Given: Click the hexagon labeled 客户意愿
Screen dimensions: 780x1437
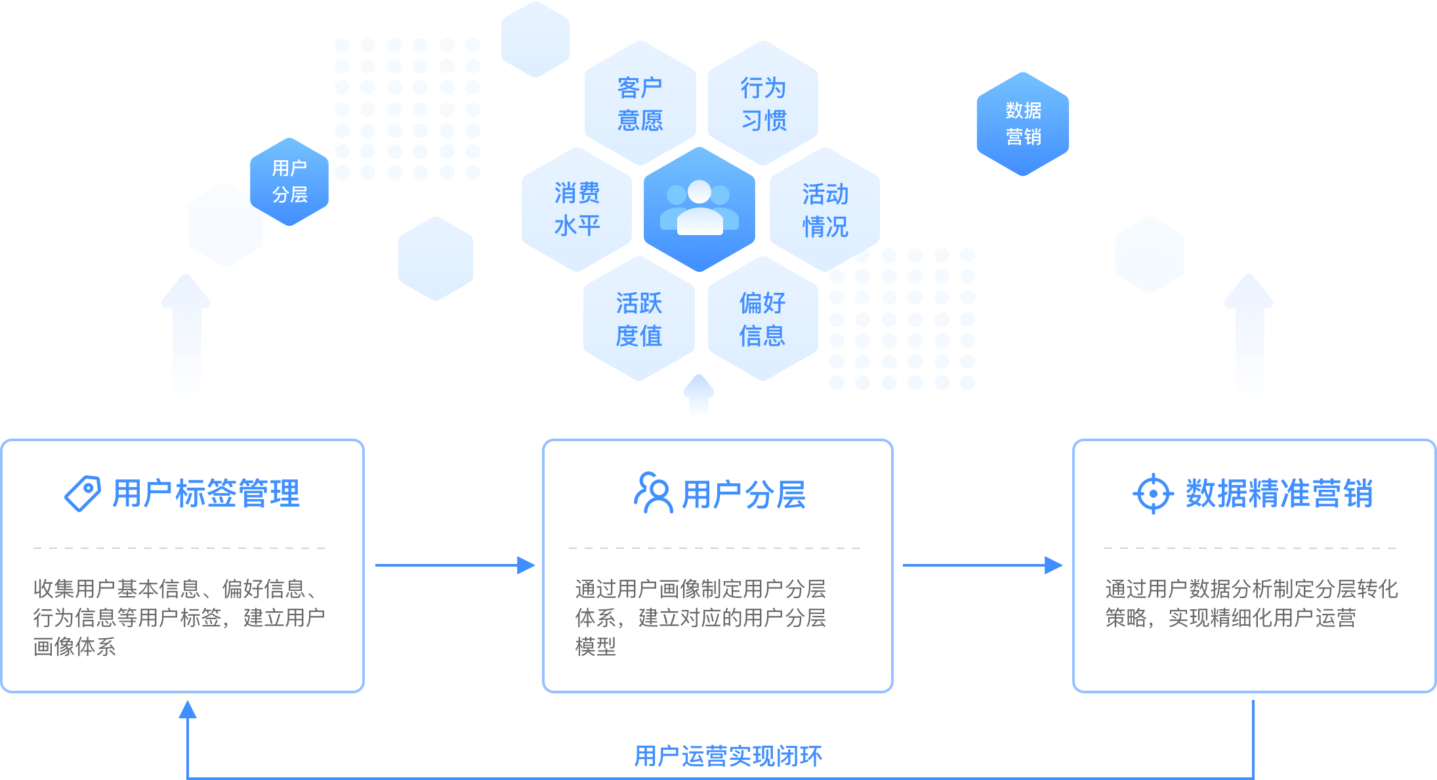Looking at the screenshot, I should click(640, 103).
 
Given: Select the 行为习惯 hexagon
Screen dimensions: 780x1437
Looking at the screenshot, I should click(763, 103).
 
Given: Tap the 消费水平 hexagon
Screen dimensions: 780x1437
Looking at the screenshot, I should click(577, 209).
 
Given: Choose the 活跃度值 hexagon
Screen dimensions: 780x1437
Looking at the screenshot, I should click(638, 319).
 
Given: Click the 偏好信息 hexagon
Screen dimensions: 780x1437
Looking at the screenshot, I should click(762, 319).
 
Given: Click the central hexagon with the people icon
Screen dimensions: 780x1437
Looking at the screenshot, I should click(699, 209).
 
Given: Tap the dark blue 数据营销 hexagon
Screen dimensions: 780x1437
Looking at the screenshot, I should click(1023, 123).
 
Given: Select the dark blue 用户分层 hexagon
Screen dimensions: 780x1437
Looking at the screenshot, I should click(289, 181).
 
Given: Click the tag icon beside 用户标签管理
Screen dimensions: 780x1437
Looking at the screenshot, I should click(83, 493).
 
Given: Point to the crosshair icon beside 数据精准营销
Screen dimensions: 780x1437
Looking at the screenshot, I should click(1153, 493).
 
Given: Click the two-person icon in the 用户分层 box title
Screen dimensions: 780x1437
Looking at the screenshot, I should click(654, 492).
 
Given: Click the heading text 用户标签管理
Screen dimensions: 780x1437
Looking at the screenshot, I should click(206, 493).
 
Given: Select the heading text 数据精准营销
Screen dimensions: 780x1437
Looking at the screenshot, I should click(1279, 493).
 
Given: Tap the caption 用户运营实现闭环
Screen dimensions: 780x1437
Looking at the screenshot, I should click(728, 756).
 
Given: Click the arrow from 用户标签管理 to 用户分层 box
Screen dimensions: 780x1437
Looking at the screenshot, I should click(455, 565).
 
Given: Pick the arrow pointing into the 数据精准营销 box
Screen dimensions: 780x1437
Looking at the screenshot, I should click(983, 565).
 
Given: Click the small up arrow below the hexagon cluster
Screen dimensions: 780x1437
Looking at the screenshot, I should click(699, 395).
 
